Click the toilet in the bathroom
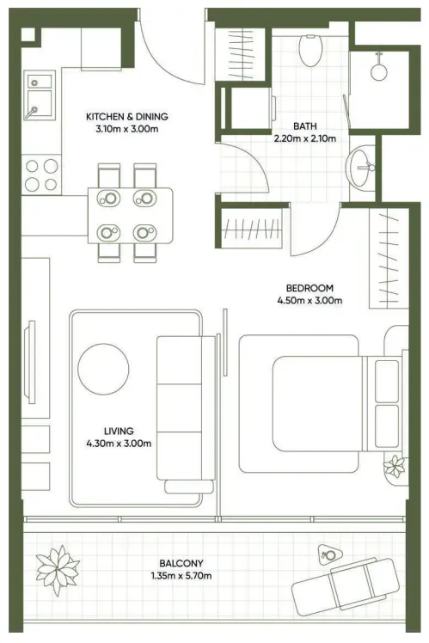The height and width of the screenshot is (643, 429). (310, 50)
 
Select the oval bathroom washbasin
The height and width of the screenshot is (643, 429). (360, 168)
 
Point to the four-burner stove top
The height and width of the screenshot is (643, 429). (41, 175)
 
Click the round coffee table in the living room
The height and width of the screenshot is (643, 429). (103, 369)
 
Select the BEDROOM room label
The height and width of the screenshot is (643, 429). (309, 288)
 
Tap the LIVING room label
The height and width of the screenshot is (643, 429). (119, 431)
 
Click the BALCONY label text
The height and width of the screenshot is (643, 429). (181, 563)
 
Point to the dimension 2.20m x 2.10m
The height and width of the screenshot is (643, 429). (304, 138)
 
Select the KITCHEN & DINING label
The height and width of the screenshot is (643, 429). (127, 116)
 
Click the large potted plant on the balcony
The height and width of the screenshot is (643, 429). (58, 570)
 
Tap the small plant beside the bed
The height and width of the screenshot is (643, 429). (395, 467)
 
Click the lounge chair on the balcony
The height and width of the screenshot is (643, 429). (346, 587)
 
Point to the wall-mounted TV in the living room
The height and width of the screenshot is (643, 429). (29, 362)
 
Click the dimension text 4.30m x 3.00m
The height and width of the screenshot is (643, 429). (119, 444)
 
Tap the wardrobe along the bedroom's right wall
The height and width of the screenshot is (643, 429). (389, 259)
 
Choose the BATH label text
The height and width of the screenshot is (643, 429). (304, 126)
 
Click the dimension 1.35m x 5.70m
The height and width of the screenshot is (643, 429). (181, 576)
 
